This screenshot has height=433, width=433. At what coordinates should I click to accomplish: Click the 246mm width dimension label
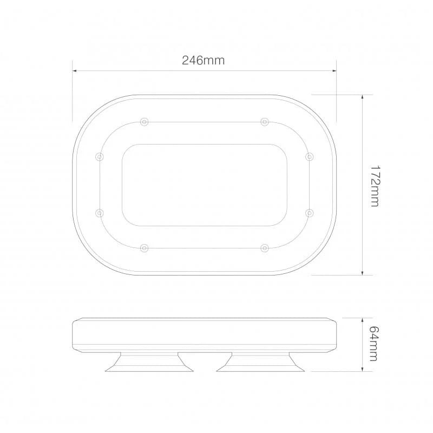203,61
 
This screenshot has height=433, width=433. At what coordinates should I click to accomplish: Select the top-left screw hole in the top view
143,121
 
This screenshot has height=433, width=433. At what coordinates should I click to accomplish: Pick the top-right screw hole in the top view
264,121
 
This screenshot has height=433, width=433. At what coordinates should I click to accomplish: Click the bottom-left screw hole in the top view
143,248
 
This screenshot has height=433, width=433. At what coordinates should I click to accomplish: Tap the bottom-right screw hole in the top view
264,248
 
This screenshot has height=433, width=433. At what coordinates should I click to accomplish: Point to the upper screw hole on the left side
99,156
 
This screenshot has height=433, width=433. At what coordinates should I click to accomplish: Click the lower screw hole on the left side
99,213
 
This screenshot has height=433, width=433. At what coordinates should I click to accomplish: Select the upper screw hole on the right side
309,156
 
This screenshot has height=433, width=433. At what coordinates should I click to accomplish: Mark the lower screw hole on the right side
309,213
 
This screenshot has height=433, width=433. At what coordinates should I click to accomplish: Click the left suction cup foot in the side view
149,362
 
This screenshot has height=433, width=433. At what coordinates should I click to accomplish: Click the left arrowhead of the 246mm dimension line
75,70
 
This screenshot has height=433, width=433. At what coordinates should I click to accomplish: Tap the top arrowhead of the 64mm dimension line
362,320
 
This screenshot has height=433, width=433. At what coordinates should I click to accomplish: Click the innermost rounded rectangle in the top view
204,185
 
